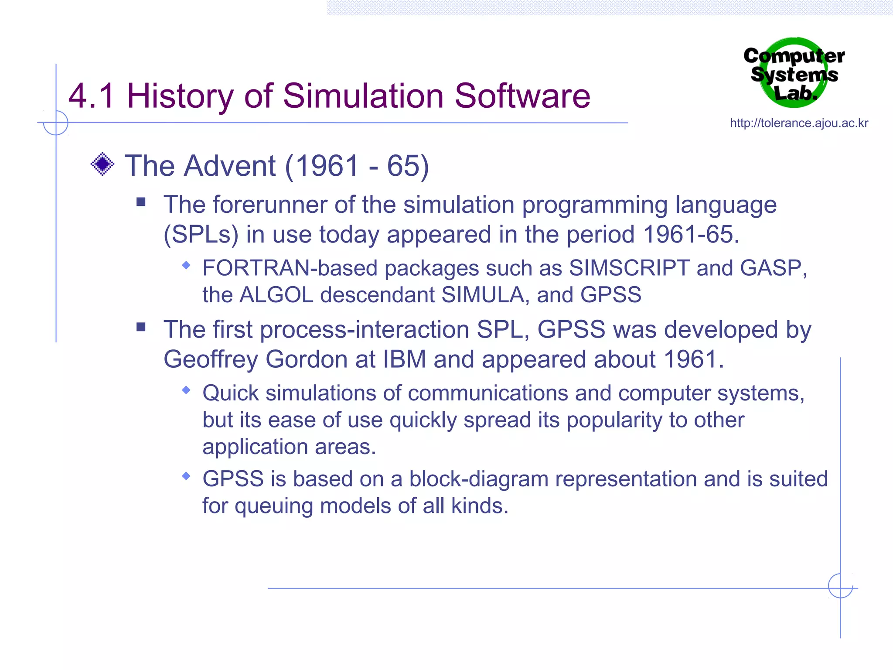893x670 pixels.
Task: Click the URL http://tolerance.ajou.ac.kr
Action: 799,123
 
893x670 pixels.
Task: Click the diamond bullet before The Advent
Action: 102,164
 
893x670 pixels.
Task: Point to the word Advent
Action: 230,166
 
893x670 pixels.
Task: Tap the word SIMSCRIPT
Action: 629,268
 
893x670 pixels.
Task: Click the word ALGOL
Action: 276,295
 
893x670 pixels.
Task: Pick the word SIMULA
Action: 482,295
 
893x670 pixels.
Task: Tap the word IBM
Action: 404,360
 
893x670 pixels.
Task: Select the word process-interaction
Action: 365,330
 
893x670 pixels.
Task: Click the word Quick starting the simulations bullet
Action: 231,393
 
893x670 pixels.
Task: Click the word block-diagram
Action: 478,479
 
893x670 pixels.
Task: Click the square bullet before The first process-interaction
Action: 141,327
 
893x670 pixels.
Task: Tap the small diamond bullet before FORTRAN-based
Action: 186,265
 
